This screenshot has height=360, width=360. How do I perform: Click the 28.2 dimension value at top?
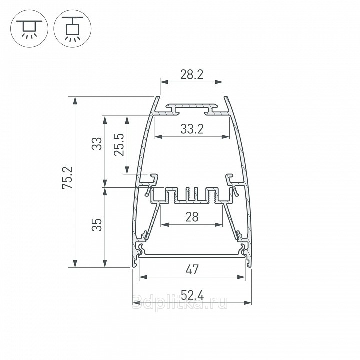192,75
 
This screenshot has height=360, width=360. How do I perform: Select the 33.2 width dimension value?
192,129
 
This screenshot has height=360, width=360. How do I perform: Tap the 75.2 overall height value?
67,178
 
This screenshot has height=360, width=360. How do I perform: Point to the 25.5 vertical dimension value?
119,145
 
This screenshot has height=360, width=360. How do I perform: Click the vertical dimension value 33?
97,144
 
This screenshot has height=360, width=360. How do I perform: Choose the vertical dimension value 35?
97,225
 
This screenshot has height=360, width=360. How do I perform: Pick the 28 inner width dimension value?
192,217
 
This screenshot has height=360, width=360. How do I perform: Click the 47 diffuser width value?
192,269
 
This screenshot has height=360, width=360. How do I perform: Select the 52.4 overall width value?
192,295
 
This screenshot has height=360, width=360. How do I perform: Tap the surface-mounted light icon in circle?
29,29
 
